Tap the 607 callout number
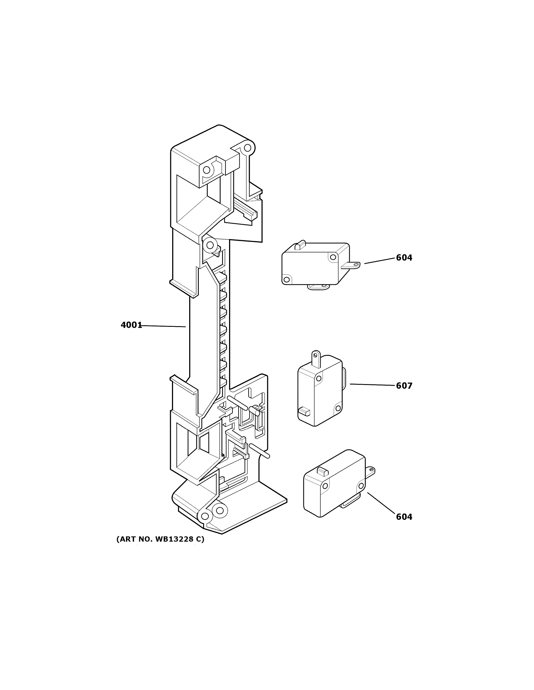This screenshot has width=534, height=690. [x=404, y=386]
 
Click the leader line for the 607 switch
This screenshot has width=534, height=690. [x=373, y=385]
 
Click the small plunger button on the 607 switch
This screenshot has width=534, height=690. [x=304, y=411]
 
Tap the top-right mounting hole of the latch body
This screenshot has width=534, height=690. [x=248, y=147]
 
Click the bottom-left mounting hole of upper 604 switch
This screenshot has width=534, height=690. [x=287, y=279]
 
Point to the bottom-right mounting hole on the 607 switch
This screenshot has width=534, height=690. [x=338, y=408]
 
